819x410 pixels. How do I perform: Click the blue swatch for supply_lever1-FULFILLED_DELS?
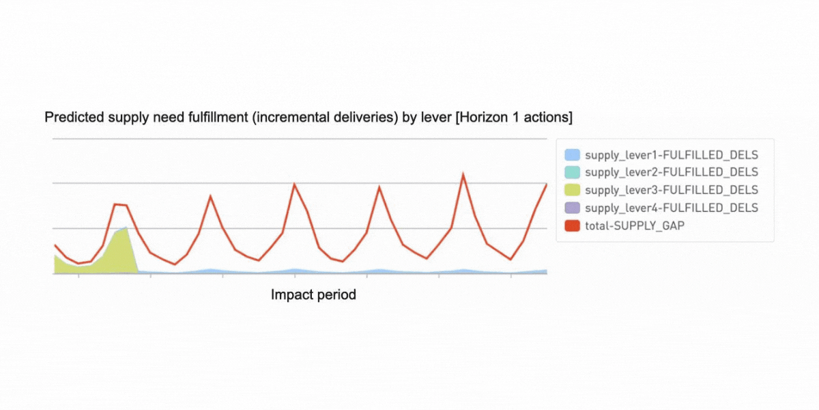tap(572, 155)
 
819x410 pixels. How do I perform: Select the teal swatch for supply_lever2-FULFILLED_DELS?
tap(572, 172)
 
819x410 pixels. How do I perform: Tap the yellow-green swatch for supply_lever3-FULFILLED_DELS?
tap(572, 190)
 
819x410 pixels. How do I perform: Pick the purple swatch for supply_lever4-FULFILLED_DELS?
tap(572, 208)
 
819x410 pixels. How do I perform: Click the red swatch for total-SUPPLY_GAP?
tap(572, 226)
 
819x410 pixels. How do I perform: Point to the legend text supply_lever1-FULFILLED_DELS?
tap(672, 155)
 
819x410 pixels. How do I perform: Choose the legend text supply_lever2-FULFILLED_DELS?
tap(672, 172)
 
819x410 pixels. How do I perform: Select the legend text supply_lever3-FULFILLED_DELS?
tap(672, 191)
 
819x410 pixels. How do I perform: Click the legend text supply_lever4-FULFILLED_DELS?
tap(672, 208)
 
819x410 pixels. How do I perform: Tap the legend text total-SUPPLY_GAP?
tap(635, 226)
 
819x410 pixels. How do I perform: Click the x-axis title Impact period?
tap(313, 295)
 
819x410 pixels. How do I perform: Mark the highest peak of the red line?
tap(463, 174)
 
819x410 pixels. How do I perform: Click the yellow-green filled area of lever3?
tap(116, 254)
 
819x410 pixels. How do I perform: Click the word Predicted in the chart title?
tap(74, 118)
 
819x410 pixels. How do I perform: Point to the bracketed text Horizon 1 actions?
tap(514, 118)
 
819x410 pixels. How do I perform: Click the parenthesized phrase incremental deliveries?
tap(326, 118)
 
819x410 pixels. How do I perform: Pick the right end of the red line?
tap(547, 184)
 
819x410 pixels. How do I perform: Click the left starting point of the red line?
tap(55, 245)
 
